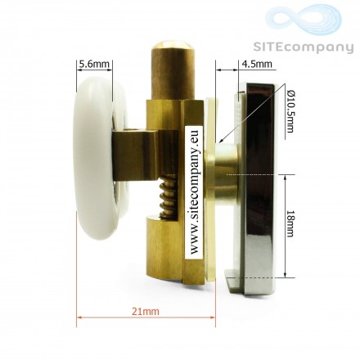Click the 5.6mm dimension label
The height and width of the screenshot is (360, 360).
(x=94, y=64)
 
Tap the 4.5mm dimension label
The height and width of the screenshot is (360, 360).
(x=257, y=64)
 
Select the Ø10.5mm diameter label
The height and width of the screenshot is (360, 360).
(x=290, y=111)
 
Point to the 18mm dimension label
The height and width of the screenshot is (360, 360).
(x=290, y=223)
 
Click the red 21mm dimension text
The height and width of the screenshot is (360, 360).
(x=146, y=311)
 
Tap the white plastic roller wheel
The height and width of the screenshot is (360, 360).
(x=98, y=158)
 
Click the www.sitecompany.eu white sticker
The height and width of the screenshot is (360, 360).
(x=194, y=191)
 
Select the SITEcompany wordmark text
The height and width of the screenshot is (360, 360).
(x=304, y=47)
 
